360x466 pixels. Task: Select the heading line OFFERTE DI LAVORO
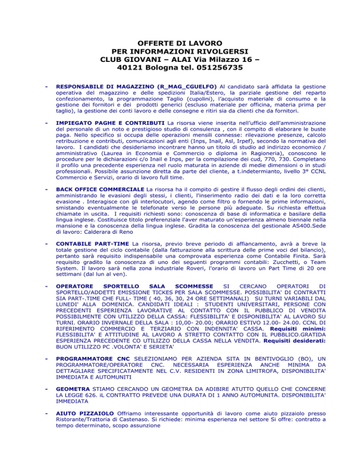180,42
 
